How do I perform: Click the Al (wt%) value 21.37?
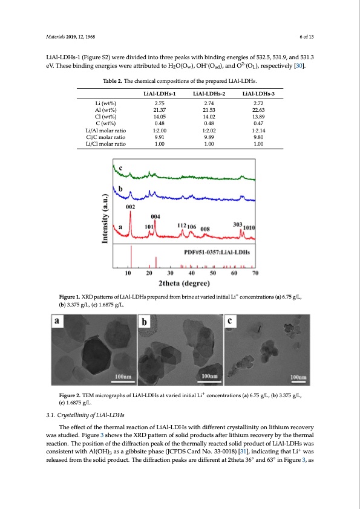[159, 109]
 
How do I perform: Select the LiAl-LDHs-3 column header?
[258, 94]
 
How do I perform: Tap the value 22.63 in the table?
[258, 109]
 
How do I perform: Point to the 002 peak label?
[129, 207]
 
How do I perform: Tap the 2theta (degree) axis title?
[184, 283]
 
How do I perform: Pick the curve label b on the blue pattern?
[120, 189]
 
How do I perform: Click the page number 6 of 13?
[305, 36]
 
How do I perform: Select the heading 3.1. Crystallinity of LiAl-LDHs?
[86, 415]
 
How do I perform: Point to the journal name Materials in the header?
[57, 36]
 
